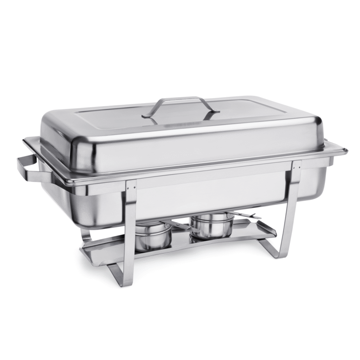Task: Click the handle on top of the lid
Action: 180,100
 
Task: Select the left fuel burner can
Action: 153,236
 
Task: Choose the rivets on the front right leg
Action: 296,167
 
